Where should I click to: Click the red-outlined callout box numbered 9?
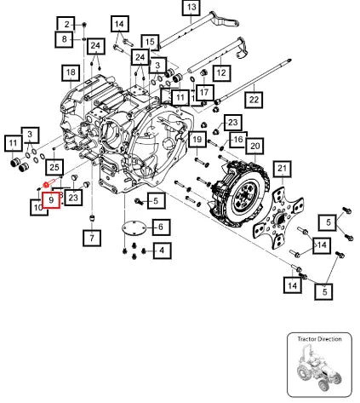51,200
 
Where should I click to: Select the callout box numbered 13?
191,7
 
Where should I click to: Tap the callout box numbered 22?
254,100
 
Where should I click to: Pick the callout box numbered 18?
71,73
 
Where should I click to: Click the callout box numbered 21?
283,169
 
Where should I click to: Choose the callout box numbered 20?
255,147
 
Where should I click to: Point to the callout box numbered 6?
161,227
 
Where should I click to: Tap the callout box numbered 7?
92,238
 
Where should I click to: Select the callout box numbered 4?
162,250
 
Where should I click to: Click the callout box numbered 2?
66,25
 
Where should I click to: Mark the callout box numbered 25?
54,167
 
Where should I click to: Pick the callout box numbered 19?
197,140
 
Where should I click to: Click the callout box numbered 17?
204,93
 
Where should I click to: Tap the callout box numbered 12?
221,73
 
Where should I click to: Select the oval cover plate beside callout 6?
134,227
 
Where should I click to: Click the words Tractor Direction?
319,339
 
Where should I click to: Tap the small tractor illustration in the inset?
319,367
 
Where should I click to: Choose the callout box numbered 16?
238,140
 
